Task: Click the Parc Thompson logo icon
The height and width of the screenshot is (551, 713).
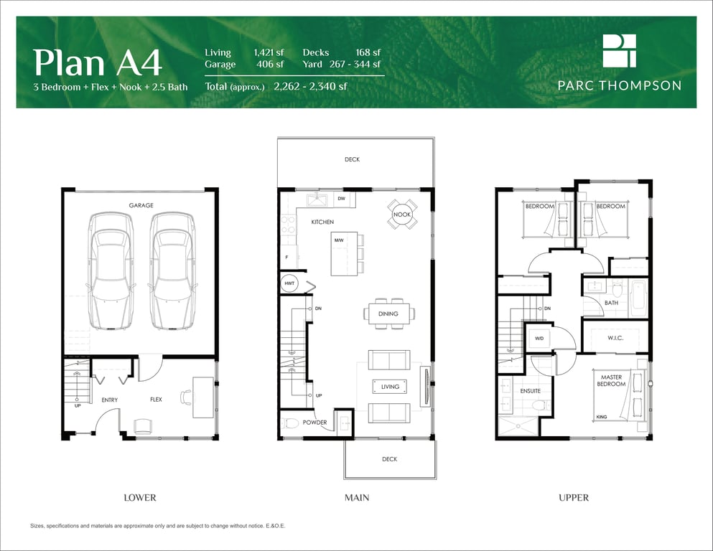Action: [x=620, y=51]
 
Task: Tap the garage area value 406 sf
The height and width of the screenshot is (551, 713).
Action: [x=270, y=64]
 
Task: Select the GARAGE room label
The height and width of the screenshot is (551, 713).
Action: [x=141, y=205]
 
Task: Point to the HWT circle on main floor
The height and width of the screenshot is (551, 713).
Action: [x=289, y=283]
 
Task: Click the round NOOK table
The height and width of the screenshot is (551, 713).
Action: [x=402, y=215]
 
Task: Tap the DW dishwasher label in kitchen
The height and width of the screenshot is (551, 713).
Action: [x=342, y=199]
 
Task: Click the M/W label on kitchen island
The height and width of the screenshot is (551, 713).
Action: [x=339, y=240]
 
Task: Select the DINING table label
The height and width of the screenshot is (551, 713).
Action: [x=388, y=314]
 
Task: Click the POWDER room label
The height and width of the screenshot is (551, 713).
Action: [x=314, y=423]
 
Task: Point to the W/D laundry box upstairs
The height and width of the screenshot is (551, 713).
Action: [x=539, y=339]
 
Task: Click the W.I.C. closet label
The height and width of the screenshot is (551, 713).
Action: [x=615, y=338]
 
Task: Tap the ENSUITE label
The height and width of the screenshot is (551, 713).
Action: [x=530, y=391]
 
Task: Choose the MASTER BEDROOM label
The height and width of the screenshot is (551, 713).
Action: [x=611, y=381]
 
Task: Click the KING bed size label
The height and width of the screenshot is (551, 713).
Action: [x=602, y=417]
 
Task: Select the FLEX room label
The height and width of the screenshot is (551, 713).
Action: [x=156, y=400]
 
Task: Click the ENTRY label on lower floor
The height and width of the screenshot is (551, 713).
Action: [x=110, y=400]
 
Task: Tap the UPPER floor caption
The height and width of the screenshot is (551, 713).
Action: [x=574, y=498]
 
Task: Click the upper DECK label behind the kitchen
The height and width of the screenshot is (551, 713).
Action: [x=352, y=159]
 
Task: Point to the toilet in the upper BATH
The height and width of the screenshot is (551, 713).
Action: [x=617, y=288]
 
